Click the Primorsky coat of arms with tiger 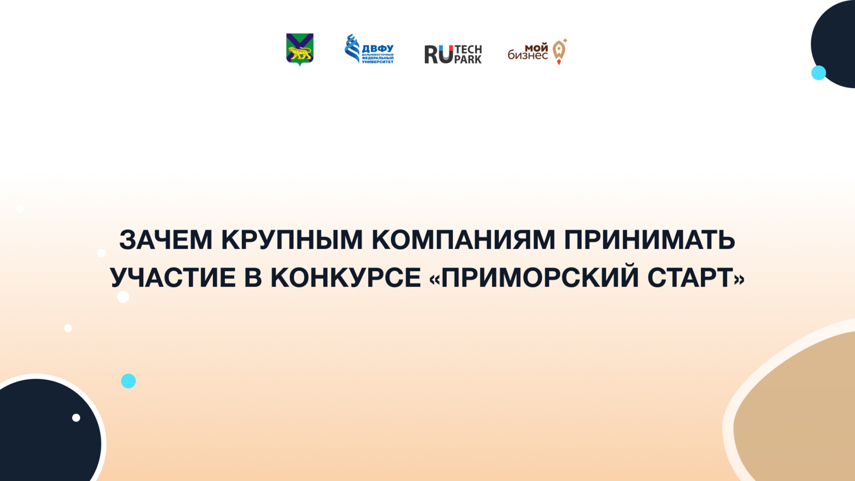300,50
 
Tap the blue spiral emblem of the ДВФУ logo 352,48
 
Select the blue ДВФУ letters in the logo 378,49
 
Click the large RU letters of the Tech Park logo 439,54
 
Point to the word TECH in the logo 468,50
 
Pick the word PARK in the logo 468,60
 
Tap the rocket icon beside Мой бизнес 560,51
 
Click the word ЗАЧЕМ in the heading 166,240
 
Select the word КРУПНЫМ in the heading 292,240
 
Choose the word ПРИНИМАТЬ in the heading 649,240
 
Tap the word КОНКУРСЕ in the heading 346,277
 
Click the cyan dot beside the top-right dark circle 818,72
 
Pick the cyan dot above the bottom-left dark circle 128,381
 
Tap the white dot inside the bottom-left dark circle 76,417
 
